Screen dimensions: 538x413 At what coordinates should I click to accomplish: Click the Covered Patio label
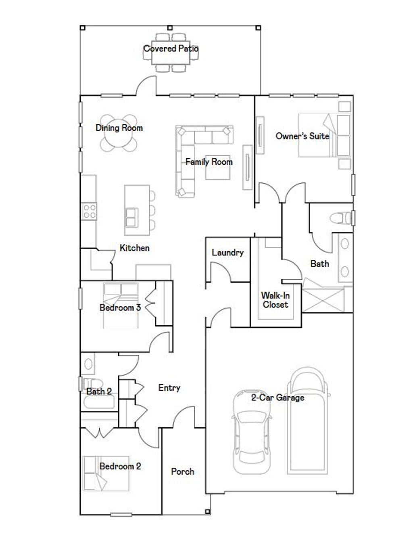click(x=171, y=48)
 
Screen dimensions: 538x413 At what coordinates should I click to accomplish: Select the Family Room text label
click(x=209, y=162)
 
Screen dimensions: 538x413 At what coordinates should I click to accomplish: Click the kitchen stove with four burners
click(x=89, y=211)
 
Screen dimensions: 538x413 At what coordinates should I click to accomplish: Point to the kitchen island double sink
click(x=131, y=218)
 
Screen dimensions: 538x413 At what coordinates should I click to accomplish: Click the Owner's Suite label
click(x=302, y=136)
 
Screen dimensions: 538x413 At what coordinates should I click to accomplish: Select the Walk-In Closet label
click(x=275, y=300)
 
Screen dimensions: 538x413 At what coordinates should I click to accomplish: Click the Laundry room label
click(x=227, y=253)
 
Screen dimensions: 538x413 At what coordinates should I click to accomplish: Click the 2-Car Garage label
click(x=277, y=398)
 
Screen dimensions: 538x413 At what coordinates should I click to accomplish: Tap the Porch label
click(x=182, y=471)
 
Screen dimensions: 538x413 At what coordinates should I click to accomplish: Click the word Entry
click(x=169, y=388)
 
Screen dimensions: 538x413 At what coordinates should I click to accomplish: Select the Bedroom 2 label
click(x=120, y=466)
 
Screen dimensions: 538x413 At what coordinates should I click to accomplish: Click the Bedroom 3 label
click(x=120, y=308)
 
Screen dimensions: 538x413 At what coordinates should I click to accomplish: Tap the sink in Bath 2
click(x=88, y=364)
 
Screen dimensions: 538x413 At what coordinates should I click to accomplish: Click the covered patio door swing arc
click(x=146, y=85)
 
